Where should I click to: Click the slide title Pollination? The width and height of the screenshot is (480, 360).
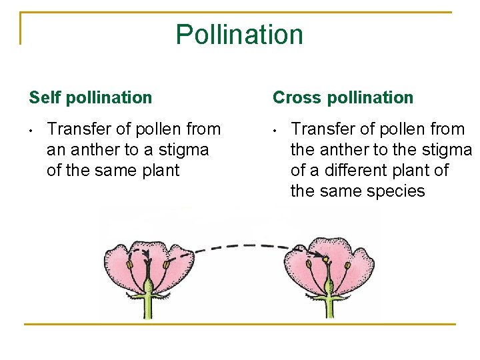[239, 34]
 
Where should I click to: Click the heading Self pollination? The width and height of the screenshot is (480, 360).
[91, 97]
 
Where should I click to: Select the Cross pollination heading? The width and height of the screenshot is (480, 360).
[343, 97]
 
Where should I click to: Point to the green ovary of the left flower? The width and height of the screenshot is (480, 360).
[149, 287]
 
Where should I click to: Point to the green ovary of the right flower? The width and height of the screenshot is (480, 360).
[327, 287]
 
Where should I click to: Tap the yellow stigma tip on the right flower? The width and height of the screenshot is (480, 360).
[326, 259]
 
